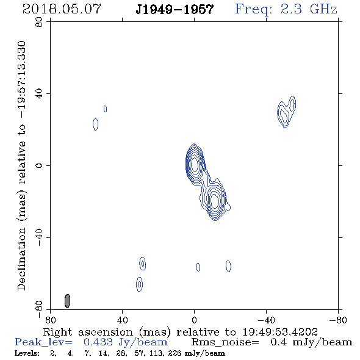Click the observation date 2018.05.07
pyautogui.click(x=62, y=9)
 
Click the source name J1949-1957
pyautogui.click(x=175, y=9)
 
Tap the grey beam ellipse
pyautogui.click(x=67, y=301)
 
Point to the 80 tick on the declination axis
pyautogui.click(x=39, y=22)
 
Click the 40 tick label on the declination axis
pyautogui.click(x=39, y=94)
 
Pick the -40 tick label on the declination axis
pyautogui.click(x=39, y=237)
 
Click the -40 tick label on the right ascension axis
pyautogui.click(x=266, y=320)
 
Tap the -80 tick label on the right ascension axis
pyautogui.click(x=338, y=320)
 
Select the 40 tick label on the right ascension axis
pyautogui.click(x=123, y=320)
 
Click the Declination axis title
pyautogui.click(x=22, y=165)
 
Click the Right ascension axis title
pyautogui.click(x=181, y=332)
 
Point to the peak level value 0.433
pyautogui.click(x=98, y=342)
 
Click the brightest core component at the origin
pyautogui.click(x=195, y=165)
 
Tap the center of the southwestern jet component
pyautogui.click(x=214, y=200)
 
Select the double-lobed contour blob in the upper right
pyautogui.click(x=286, y=112)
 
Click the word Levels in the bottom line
pyautogui.click(x=27, y=353)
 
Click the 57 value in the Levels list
pyautogui.click(x=139, y=353)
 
